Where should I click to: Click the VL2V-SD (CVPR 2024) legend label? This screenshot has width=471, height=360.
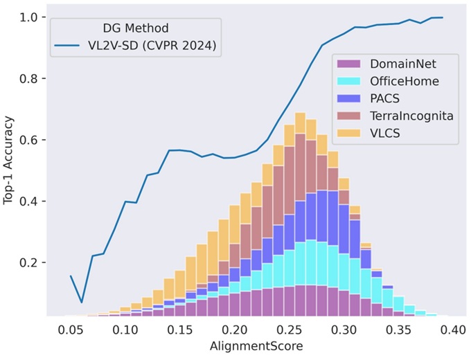point(146,47)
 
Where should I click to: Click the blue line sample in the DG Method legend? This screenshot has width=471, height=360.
point(71,47)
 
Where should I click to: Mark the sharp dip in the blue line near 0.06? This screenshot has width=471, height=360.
point(82,302)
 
